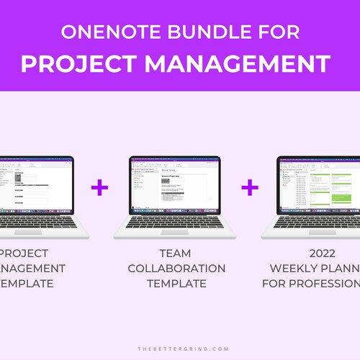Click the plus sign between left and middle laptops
pyautogui.click(x=99, y=189)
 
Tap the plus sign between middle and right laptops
pyautogui.click(x=250, y=189)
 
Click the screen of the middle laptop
pyautogui.click(x=174, y=185)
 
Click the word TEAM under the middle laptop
pyautogui.click(x=176, y=253)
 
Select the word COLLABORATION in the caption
pyautogui.click(x=176, y=269)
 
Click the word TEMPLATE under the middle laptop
pyautogui.click(x=176, y=284)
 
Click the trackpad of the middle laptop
pyautogui.click(x=174, y=231)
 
